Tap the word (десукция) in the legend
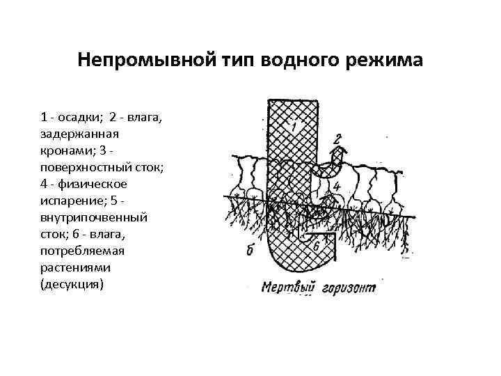[72, 284]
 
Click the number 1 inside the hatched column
[293, 127]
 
